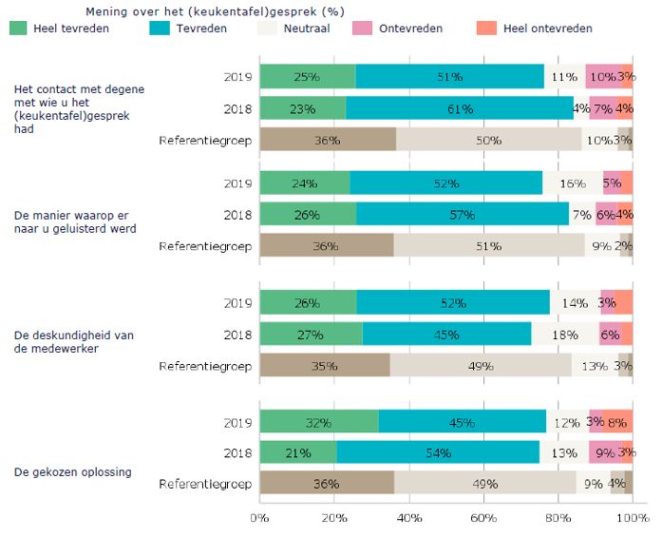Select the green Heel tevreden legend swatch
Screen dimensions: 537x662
19,29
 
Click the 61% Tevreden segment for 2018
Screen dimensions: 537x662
460,108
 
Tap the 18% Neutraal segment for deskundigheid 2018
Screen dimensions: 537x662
564,335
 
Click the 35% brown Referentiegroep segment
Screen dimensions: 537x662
324,366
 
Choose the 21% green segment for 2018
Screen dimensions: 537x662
298,452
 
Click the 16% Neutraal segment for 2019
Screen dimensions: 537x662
572,183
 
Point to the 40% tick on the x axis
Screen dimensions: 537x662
409,519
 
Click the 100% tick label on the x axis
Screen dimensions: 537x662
633,519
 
